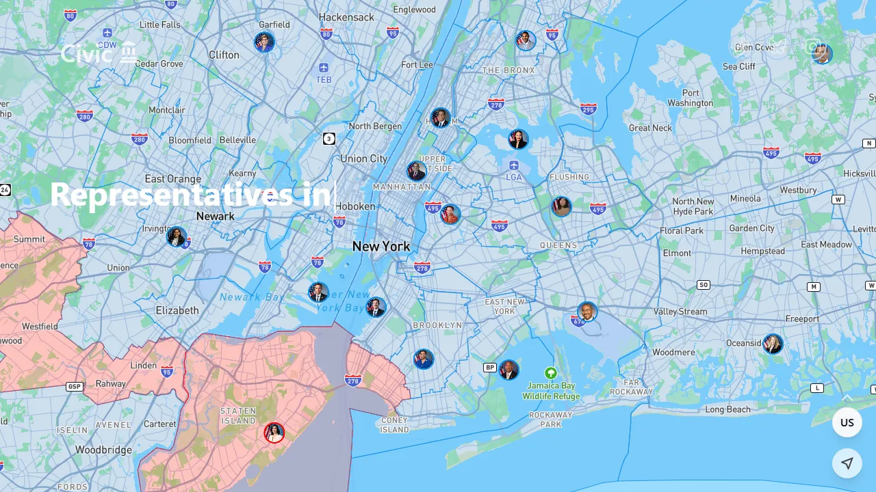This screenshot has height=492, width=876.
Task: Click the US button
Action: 847,422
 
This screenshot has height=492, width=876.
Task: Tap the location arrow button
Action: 847,463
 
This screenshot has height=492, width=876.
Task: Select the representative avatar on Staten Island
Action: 274,433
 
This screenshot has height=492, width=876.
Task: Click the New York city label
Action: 381,246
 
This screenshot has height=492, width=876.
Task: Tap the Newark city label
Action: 215,216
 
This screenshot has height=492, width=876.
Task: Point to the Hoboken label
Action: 355,206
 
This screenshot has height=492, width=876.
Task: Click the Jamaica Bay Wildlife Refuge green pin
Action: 550,373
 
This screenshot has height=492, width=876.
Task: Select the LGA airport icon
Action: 514,165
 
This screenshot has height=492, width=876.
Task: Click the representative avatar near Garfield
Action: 264,42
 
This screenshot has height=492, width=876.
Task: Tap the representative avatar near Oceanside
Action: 773,344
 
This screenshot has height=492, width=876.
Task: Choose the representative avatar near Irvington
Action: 177,237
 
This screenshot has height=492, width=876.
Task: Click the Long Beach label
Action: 727,409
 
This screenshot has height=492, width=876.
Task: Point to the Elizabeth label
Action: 177,310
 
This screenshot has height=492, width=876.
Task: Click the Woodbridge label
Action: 103,450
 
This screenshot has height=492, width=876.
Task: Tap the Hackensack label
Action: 346,17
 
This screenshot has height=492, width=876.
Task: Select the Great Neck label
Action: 650,128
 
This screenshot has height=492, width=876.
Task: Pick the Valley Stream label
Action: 680,312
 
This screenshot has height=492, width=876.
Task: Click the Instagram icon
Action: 812,46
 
